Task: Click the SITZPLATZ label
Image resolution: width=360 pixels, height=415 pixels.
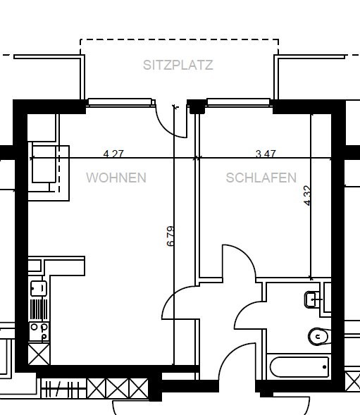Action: (178, 65)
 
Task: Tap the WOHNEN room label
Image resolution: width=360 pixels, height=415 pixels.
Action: (116, 178)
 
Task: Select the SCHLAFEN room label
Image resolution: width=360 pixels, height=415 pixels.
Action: (261, 178)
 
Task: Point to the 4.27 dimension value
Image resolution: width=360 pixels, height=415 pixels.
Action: (113, 154)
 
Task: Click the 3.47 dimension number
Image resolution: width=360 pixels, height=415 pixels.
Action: (266, 154)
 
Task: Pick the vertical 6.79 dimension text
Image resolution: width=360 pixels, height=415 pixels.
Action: (170, 236)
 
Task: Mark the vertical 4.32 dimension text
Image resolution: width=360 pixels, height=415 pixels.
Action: (307, 196)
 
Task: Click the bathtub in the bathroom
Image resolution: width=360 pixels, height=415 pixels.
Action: (299, 367)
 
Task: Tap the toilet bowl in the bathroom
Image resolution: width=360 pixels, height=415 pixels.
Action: (318, 336)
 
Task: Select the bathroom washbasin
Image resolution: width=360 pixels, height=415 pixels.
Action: (312, 299)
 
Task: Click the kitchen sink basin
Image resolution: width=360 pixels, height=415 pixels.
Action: (39, 288)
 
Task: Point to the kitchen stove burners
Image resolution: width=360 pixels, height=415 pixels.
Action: (39, 332)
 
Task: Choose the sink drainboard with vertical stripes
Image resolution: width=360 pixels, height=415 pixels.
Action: (39, 309)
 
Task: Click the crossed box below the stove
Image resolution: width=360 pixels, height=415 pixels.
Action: (39, 354)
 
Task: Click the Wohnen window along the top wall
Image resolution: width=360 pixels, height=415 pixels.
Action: (120, 102)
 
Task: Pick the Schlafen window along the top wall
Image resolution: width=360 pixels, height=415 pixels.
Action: (238, 102)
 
